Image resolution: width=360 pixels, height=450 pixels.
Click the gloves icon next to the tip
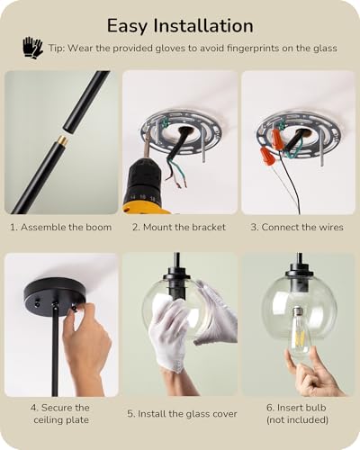pos(32,47)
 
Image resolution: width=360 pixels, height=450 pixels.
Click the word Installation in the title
pos(203,26)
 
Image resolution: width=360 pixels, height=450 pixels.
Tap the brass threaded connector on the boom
pos(64,139)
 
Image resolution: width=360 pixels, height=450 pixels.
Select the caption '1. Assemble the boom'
pos(61,227)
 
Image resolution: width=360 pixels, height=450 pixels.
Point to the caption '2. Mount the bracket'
pos(179,227)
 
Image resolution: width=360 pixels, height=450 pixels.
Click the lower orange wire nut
pos(265,156)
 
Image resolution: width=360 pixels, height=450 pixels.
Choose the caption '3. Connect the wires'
pos(297,227)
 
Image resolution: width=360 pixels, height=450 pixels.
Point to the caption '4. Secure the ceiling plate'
pos(61,414)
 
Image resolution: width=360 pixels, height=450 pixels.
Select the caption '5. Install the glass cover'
pos(182,414)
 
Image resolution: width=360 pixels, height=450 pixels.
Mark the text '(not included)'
pos(297,419)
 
